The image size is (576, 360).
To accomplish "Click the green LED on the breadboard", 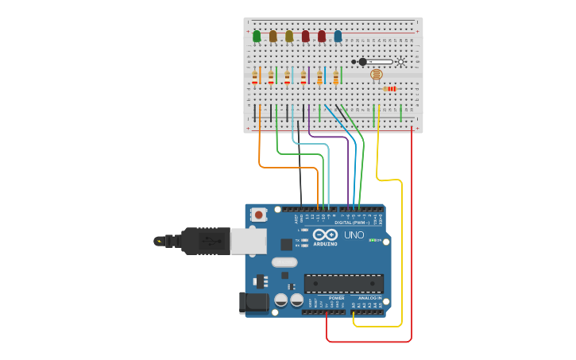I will [257, 36].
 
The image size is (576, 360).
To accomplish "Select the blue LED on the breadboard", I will [338, 36].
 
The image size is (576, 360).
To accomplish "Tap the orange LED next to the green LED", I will [273, 36].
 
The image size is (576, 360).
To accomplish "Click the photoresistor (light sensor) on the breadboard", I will [376, 74].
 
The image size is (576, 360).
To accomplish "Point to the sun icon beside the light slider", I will [400, 62].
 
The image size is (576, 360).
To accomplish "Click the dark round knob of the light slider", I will [363, 62].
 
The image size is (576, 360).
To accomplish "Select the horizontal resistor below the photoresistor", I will [389, 88].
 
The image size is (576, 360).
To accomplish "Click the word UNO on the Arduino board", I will [354, 235].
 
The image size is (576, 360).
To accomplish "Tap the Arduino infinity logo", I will [324, 234].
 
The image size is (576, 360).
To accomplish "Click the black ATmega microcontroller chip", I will [343, 284].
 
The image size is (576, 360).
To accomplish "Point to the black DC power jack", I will [253, 302].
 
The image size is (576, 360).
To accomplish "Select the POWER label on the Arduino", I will [326, 298].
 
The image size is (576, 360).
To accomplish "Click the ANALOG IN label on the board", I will [369, 298].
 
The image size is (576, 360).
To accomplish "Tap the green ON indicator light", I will [373, 239].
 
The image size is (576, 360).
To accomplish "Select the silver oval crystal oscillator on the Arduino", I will [284, 262].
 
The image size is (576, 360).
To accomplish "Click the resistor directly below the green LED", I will [255, 77].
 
